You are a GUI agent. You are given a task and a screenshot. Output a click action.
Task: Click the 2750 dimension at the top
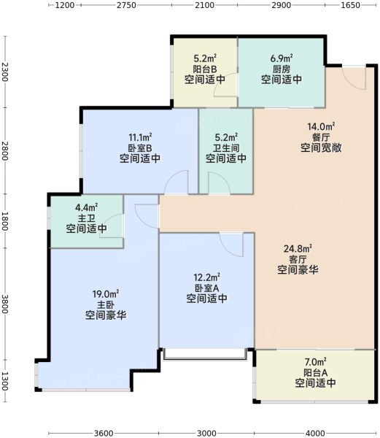pyautogui.click(x=126, y=5)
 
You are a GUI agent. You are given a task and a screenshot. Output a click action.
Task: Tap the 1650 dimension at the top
pyautogui.click(x=350, y=5)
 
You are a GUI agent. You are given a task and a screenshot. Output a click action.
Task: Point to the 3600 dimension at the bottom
pyautogui.click(x=104, y=433)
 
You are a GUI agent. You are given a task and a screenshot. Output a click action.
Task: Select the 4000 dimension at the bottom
pyautogui.click(x=315, y=433)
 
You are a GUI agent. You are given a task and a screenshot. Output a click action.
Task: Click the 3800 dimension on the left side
pyautogui.click(x=5, y=304)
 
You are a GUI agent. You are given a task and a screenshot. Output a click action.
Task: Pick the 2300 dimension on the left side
pyautogui.click(x=5, y=72)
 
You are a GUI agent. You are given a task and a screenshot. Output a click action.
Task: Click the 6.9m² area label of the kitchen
pyautogui.click(x=282, y=58)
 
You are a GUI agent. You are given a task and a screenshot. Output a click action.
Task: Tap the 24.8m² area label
pyautogui.click(x=298, y=248)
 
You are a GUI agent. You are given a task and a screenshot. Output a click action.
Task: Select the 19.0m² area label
pyautogui.click(x=106, y=294)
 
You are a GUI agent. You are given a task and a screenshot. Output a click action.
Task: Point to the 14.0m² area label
pyautogui.click(x=321, y=126)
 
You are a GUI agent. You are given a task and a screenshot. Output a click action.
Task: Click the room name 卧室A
pyautogui.click(x=206, y=288)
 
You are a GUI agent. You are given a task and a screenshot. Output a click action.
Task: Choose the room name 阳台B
pyautogui.click(x=205, y=69)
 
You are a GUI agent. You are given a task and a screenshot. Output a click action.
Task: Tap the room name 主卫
pyautogui.click(x=86, y=218)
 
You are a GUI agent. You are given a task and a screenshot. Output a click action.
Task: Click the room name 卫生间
pyautogui.click(x=226, y=148)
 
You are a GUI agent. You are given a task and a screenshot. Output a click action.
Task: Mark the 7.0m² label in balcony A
pyautogui.click(x=315, y=362)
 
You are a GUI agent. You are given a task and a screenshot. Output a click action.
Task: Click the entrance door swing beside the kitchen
pyautogui.click(x=354, y=78)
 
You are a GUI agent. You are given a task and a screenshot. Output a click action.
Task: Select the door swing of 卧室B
pyautogui.click(x=177, y=182)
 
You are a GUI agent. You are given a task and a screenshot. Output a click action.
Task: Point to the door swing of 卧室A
pyautogui.click(x=231, y=245)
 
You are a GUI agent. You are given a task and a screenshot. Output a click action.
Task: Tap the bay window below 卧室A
pyautogui.click(x=205, y=354)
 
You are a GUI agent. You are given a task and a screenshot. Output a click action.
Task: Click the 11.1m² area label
pyautogui.click(x=140, y=137)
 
